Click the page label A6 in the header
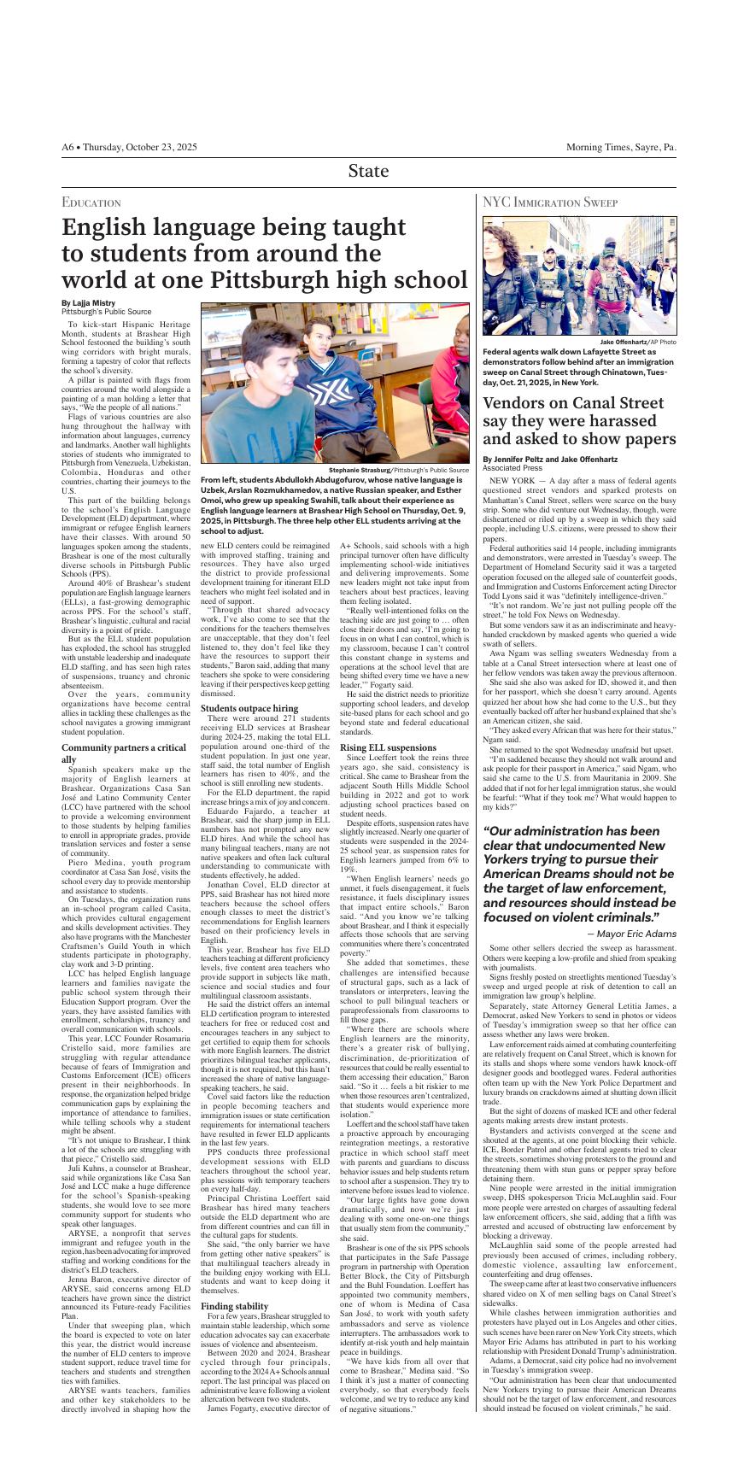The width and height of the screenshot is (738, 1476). click(67, 148)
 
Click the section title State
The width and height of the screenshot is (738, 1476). click(368, 171)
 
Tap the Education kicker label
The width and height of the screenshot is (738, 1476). click(91, 202)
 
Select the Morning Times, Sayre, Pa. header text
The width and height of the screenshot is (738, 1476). click(620, 148)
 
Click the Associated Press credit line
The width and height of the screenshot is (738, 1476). click(512, 468)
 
